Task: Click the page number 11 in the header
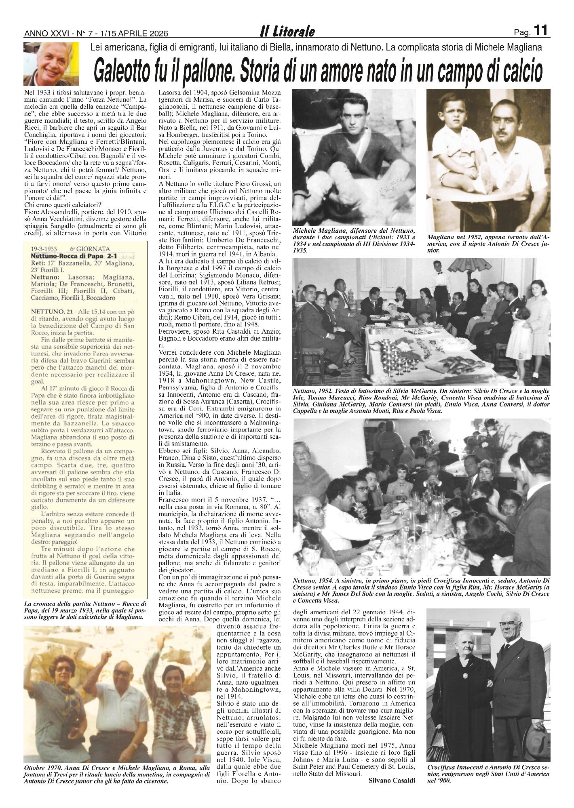click(540, 31)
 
